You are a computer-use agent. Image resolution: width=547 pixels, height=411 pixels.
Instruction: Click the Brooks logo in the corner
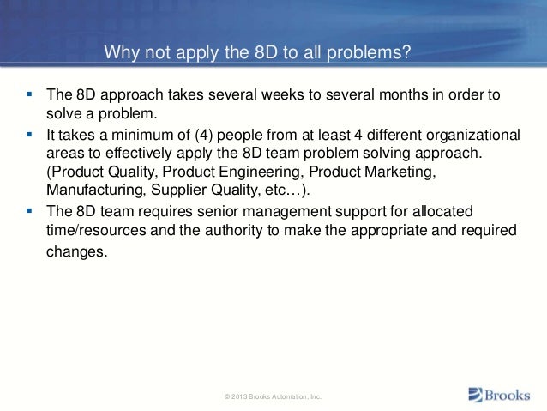[500, 395]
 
